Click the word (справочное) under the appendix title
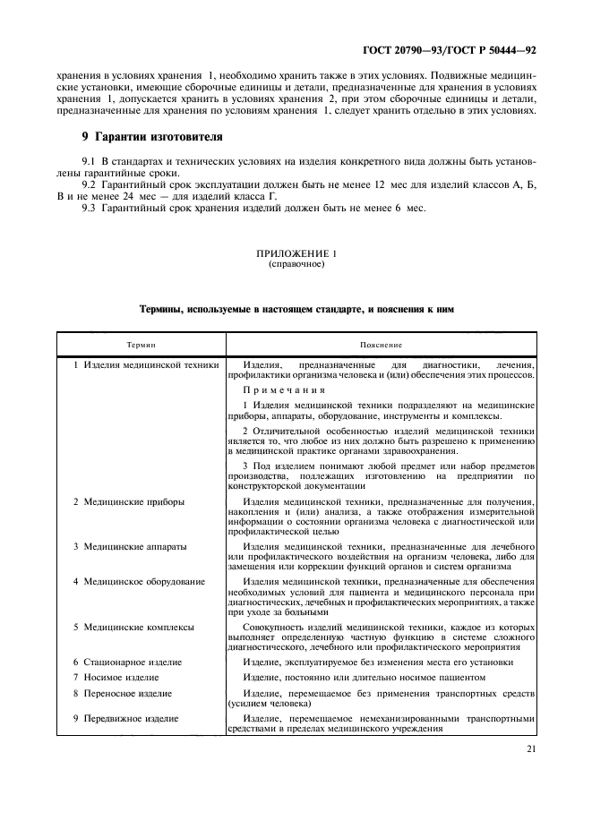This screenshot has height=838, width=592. [x=296, y=265]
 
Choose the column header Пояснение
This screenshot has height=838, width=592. [x=381, y=344]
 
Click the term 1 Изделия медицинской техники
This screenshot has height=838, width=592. [x=146, y=365]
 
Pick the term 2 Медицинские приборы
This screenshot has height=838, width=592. [x=129, y=502]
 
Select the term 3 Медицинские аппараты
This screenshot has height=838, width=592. [x=130, y=545]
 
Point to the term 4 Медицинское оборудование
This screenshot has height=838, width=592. [x=139, y=581]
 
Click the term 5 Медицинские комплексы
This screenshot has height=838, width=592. [x=133, y=627]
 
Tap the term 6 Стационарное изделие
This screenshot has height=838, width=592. [x=128, y=662]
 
